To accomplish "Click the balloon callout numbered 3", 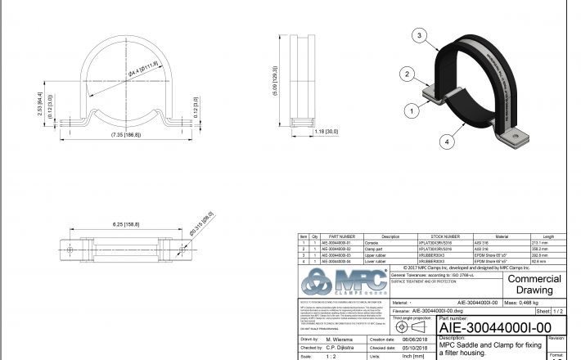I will pyautogui.click(x=419, y=36).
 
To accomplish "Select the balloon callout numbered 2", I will pyautogui.click(x=405, y=74).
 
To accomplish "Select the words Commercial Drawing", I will pyautogui.click(x=535, y=285).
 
